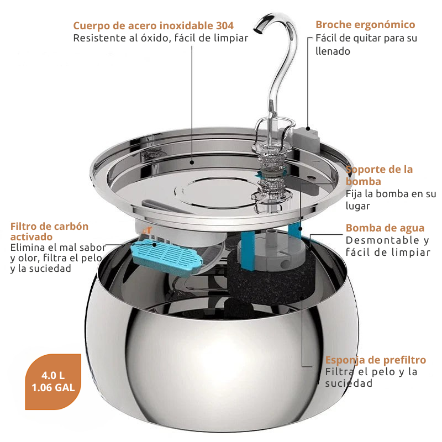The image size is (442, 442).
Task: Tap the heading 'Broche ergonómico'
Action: [x=365, y=25]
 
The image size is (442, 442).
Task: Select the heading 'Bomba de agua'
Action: [x=385, y=228]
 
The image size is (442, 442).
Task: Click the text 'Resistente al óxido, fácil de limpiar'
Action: [x=161, y=38]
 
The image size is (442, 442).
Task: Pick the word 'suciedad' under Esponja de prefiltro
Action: [x=348, y=383]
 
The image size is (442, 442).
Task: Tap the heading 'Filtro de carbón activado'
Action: [x=49, y=231]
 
